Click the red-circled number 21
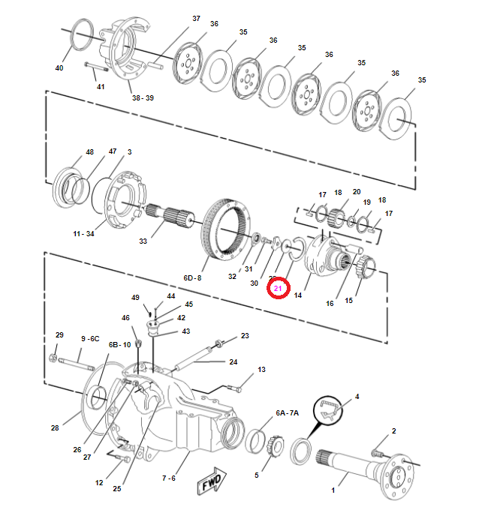(x=278, y=288)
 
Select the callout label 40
(x=59, y=68)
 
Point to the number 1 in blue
(x=333, y=490)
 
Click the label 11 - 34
(x=83, y=234)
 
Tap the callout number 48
(x=90, y=151)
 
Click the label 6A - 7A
(x=287, y=412)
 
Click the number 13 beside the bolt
(x=261, y=370)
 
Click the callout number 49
(x=136, y=297)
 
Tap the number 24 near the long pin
(x=233, y=362)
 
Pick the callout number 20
(x=356, y=192)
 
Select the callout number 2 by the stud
(x=393, y=430)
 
